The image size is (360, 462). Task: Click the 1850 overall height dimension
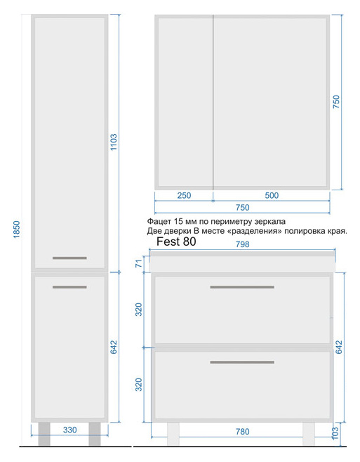tap(17, 230)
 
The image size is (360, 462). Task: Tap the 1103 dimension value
tap(114, 143)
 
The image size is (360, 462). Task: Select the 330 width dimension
tap(69, 430)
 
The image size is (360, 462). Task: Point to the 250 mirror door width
tap(184, 196)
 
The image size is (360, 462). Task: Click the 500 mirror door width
tap(272, 196)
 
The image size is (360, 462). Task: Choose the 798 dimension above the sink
tap(242, 244)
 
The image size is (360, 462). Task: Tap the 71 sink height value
tap(139, 262)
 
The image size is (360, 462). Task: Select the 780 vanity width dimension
tap(242, 432)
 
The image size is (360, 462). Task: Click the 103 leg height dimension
tap(335, 433)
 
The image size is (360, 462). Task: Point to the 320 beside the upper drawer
tap(139, 310)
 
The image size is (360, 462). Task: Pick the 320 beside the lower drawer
tap(139, 385)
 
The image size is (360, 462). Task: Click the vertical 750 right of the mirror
tap(336, 102)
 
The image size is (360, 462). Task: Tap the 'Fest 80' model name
tap(176, 242)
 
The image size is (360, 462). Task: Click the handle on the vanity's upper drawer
tap(242, 287)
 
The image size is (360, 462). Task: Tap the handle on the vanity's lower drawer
tap(242, 362)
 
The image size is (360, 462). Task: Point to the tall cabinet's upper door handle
tap(69, 258)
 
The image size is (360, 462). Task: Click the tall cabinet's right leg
tap(95, 434)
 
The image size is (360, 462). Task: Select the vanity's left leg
tap(173, 434)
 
